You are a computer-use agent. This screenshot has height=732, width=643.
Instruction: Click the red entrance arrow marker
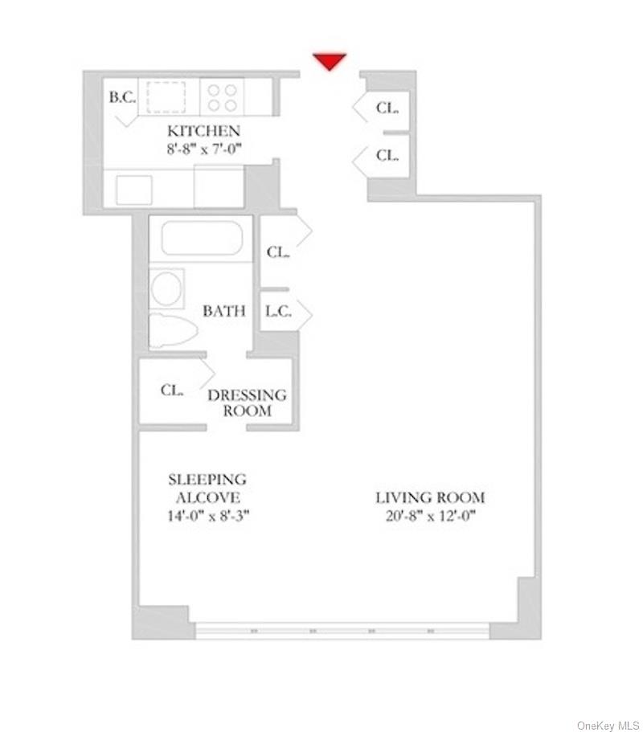pyautogui.click(x=330, y=61)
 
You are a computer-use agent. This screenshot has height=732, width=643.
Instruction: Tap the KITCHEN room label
pyautogui.click(x=203, y=131)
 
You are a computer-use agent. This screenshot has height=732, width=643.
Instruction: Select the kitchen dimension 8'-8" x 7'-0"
pyautogui.click(x=203, y=148)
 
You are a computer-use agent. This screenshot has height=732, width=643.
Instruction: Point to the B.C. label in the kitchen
pyautogui.click(x=122, y=98)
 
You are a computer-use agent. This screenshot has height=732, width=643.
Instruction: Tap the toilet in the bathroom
pyautogui.click(x=174, y=330)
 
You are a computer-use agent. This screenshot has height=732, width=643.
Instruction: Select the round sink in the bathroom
pyautogui.click(x=167, y=288)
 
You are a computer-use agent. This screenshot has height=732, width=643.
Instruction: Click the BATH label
pyautogui.click(x=224, y=311)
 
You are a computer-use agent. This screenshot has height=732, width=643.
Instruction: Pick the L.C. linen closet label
pyautogui.click(x=278, y=311)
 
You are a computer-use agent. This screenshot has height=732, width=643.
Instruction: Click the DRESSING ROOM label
pyautogui.click(x=247, y=403)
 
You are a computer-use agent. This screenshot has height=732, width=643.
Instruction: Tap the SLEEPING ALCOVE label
pyautogui.click(x=207, y=488)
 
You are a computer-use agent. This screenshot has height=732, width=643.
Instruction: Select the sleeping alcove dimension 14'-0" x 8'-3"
pyautogui.click(x=207, y=515)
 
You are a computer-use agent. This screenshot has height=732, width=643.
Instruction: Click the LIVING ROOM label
pyautogui.click(x=431, y=497)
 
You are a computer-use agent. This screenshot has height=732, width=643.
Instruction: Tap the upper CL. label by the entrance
pyautogui.click(x=387, y=107)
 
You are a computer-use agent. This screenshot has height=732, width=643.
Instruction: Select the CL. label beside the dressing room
pyautogui.click(x=172, y=391)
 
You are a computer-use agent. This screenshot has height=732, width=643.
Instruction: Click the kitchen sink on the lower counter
pyautogui.click(x=133, y=190)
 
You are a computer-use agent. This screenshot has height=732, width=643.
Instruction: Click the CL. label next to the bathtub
pyautogui.click(x=278, y=252)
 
